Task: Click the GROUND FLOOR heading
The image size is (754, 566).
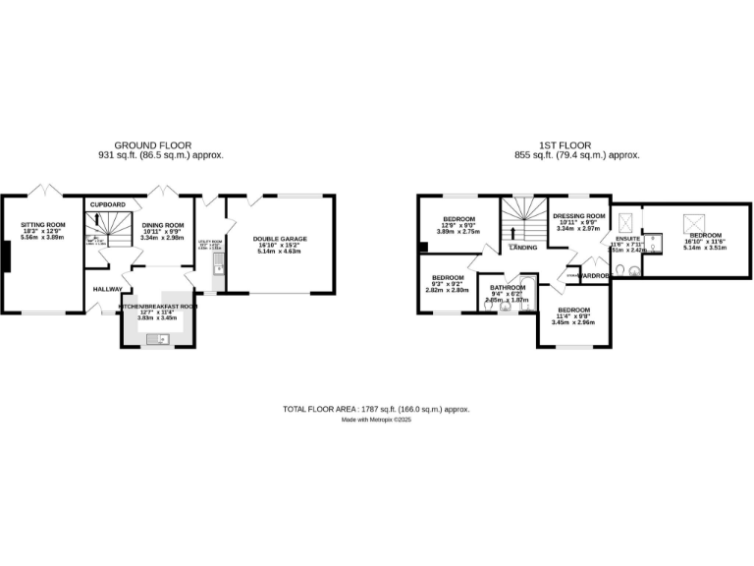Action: (x=152, y=144)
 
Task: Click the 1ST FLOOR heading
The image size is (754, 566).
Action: (x=577, y=144)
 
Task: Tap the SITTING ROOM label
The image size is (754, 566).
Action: (x=42, y=225)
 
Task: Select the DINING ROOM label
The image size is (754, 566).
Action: (x=162, y=225)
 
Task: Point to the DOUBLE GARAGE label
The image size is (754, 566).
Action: (x=280, y=239)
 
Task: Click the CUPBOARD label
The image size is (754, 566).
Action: (x=108, y=204)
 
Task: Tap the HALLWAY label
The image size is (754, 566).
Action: (x=108, y=289)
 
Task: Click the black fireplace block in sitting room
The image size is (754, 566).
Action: (x=6, y=257)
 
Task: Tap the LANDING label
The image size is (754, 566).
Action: (x=522, y=248)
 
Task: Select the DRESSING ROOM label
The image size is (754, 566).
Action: (x=578, y=215)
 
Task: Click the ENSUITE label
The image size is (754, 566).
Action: (x=628, y=238)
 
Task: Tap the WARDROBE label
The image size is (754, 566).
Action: (x=594, y=276)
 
